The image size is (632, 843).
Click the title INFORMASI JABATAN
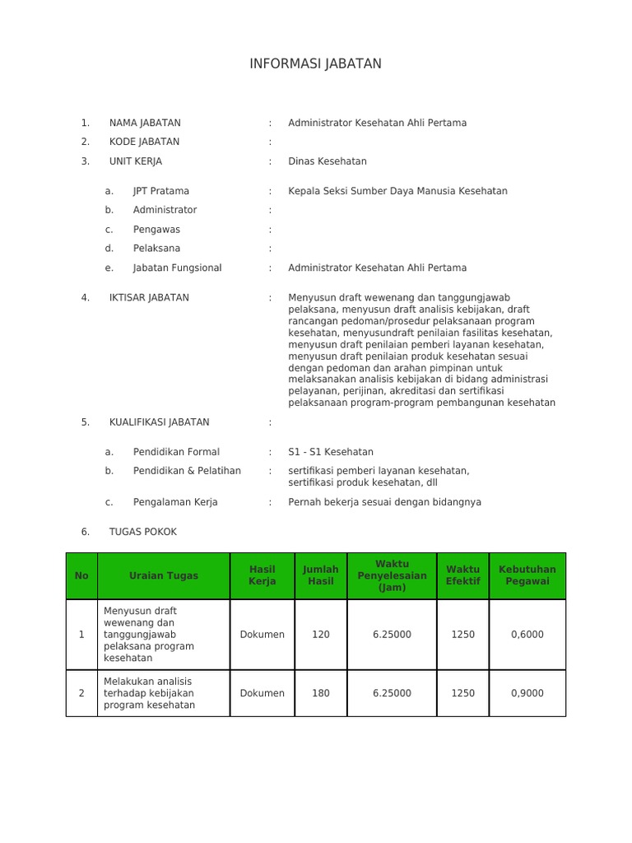point(315,64)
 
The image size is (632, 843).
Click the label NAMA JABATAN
point(145,123)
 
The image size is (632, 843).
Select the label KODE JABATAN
point(144,142)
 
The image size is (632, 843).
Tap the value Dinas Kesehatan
point(328,161)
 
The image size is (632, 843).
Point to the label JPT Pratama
point(161,191)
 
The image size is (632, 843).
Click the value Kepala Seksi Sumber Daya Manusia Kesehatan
point(397,191)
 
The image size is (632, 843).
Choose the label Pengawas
point(156,230)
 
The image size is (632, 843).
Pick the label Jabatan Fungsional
point(177,268)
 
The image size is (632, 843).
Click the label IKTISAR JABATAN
point(149,298)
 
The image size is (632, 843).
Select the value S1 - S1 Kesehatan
point(331,452)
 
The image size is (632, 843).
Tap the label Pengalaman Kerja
point(175,502)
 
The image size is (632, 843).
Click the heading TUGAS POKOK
point(143,532)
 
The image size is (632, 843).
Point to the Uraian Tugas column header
point(164,576)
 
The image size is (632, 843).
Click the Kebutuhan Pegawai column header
point(527,575)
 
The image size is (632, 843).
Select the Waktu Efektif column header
point(462,575)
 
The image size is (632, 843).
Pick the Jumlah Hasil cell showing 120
point(321,635)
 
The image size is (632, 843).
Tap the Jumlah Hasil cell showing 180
point(321,693)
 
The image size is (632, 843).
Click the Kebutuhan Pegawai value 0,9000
point(527,693)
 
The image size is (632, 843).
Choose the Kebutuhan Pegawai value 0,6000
point(527,635)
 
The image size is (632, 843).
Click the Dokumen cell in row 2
point(263,693)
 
